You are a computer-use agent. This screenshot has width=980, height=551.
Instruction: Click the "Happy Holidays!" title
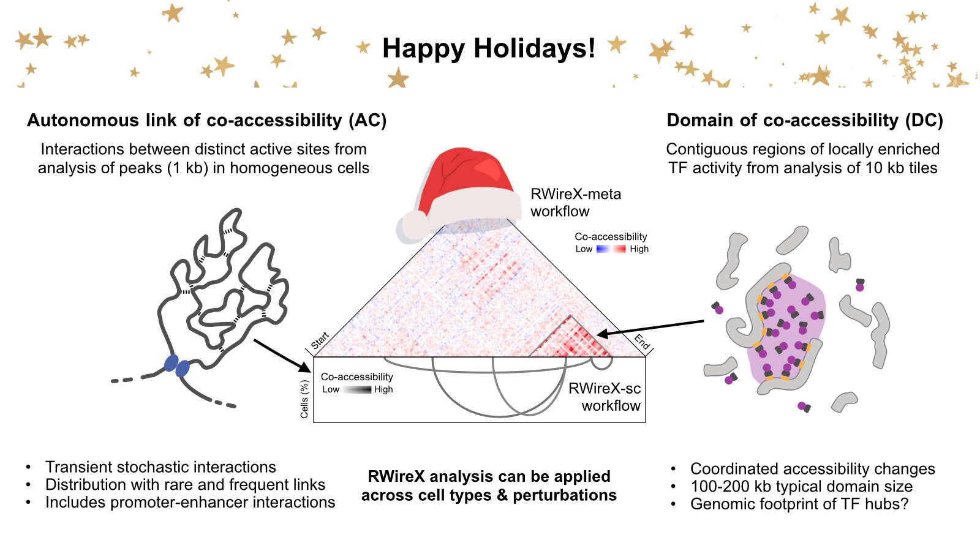488,48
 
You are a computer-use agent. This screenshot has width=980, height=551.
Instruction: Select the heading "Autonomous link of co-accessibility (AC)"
206,120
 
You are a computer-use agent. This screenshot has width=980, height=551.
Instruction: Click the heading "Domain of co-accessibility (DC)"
804,120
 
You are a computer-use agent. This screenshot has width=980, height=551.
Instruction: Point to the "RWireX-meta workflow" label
575,203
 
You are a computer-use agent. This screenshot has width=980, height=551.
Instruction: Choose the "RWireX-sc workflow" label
605,397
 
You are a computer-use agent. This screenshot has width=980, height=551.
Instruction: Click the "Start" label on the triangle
320,340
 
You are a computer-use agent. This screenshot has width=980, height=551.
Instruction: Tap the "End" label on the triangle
641,342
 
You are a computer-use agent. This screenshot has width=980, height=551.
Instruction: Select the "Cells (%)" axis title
304,399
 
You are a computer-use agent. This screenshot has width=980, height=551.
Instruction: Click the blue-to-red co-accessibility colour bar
611,249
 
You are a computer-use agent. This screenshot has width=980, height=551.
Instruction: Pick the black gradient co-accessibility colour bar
356,389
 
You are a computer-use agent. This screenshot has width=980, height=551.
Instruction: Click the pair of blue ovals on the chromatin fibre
176,366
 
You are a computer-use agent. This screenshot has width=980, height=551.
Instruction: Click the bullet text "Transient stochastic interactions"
160,467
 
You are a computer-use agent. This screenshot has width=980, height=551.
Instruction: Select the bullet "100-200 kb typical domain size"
801,487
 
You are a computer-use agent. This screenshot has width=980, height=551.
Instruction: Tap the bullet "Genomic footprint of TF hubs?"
799,504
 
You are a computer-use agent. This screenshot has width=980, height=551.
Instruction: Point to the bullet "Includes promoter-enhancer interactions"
190,502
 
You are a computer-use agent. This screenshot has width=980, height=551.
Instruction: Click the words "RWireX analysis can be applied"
489,476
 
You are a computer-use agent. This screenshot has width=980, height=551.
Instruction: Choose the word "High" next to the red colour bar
639,249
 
